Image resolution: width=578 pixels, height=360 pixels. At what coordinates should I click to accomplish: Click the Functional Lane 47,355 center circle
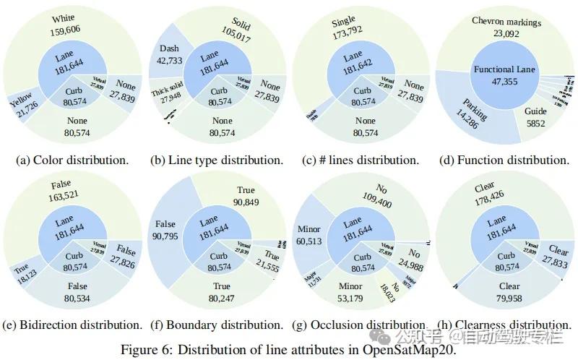click(504, 75)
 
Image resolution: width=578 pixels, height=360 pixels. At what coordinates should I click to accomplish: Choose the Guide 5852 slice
click(535, 118)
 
